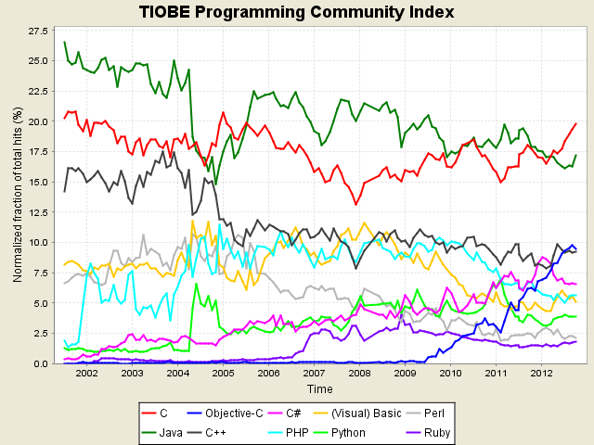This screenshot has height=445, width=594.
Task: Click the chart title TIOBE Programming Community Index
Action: coord(297,12)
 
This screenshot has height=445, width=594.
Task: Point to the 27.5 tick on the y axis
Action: coord(36,32)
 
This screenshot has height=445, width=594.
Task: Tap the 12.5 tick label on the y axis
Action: coord(36,212)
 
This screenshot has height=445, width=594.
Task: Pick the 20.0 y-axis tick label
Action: coord(36,121)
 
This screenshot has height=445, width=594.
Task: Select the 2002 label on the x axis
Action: coord(87,374)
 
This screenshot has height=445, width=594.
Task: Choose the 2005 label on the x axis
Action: coord(223,374)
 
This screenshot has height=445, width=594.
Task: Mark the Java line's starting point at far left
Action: coord(64,43)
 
